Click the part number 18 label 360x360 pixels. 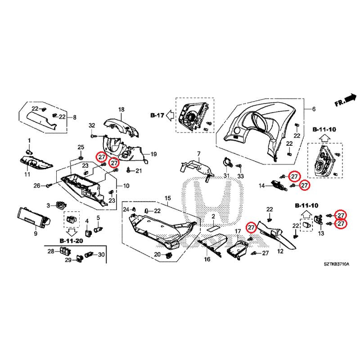click(x=121, y=110)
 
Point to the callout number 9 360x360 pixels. click(x=35, y=234)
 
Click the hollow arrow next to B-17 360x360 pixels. click(x=170, y=115)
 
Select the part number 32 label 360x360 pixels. click(x=92, y=125)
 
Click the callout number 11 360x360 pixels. click(x=27, y=174)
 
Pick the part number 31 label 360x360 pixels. click(x=226, y=175)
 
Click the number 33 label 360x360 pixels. click(x=240, y=175)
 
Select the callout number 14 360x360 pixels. click(x=262, y=185)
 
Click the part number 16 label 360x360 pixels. click(x=207, y=260)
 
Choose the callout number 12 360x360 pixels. click(x=280, y=252)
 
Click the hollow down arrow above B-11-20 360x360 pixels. click(x=71, y=233)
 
